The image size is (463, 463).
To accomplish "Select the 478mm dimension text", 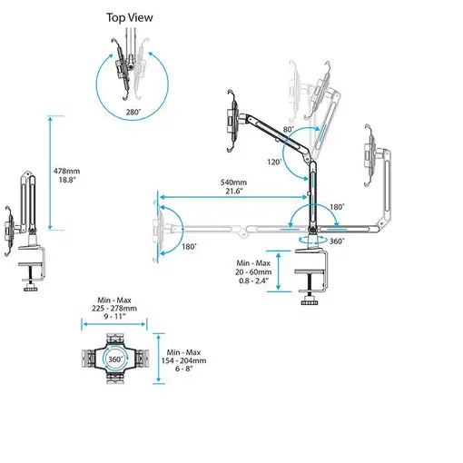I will click(68, 171).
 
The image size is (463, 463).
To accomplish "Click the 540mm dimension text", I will click(236, 182).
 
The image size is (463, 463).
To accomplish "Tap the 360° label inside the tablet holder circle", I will click(116, 360).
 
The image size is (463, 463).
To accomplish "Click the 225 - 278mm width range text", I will click(114, 308).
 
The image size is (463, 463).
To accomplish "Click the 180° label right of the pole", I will click(337, 208).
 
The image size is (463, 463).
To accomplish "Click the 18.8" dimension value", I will click(68, 181).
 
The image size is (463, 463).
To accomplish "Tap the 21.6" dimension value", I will click(236, 191).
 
